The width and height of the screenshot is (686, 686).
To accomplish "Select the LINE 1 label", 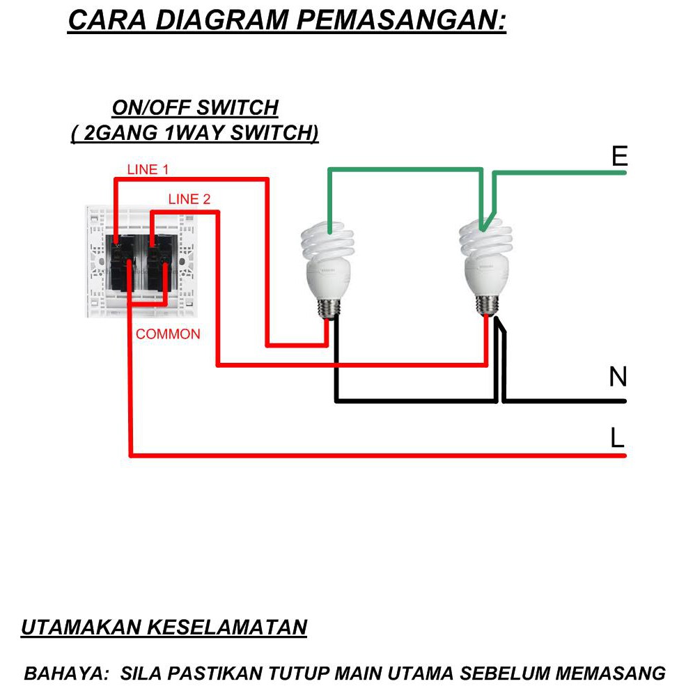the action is [148, 170].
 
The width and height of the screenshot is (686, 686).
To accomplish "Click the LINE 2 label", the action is [189, 199].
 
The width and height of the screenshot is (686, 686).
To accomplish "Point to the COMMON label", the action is [168, 334].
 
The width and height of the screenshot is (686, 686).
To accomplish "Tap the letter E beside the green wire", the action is [620, 156].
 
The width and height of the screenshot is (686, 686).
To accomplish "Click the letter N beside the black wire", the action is [618, 377].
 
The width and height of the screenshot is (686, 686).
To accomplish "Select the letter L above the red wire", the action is [617, 437].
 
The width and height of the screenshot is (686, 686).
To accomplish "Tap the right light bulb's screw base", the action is [488, 304].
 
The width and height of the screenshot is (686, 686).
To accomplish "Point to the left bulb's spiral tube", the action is [327, 241].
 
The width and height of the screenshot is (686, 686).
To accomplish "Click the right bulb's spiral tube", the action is [485, 240].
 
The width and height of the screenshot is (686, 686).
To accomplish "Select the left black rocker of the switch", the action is [120, 263].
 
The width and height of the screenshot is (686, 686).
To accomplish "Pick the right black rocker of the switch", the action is [162, 263].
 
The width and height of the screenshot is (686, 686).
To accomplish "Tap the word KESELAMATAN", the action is [226, 627].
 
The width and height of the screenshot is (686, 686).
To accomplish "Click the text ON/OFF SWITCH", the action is [195, 108].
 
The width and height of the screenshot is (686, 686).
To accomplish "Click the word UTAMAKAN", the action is [81, 627].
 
